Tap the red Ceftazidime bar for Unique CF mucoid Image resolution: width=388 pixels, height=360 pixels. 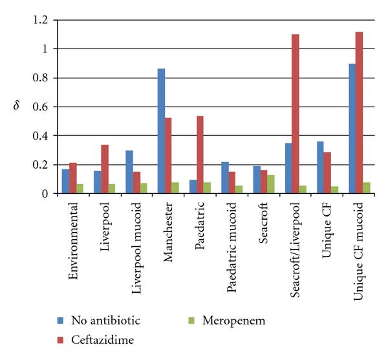pyautogui.click(x=359, y=112)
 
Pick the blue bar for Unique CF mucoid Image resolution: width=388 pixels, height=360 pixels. pyautogui.click(x=351, y=129)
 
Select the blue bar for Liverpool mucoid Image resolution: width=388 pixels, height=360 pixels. pyautogui.click(x=129, y=172)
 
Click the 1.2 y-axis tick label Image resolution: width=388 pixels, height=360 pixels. pyautogui.click(x=40, y=20)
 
